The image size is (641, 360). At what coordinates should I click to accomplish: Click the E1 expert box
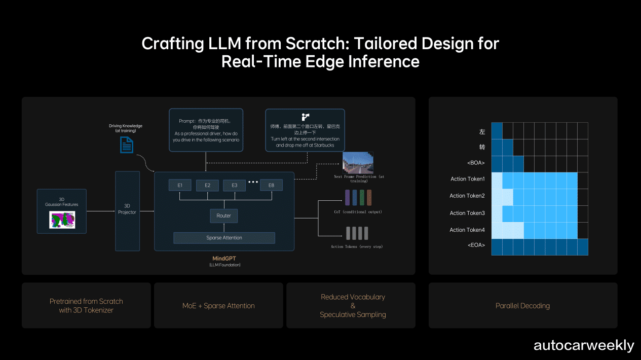[x=180, y=185]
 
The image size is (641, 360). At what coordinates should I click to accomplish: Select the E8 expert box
[x=271, y=185]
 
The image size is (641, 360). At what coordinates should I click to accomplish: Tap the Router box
[x=224, y=215]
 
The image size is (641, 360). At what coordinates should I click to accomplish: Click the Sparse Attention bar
[x=224, y=238]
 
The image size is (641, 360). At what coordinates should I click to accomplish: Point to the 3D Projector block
[x=127, y=211]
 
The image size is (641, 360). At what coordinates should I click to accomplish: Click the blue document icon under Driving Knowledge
[x=127, y=145]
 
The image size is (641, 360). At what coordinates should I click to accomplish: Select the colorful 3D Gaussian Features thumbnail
[x=62, y=220]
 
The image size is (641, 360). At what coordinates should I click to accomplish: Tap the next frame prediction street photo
[x=358, y=163]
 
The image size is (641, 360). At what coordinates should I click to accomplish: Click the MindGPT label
[x=224, y=258]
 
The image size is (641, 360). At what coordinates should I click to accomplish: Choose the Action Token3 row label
[x=467, y=213]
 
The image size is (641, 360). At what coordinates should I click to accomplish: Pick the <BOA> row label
[x=476, y=163]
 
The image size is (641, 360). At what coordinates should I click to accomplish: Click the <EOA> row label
[x=476, y=245]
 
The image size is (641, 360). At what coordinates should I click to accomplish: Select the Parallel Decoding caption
[x=522, y=306]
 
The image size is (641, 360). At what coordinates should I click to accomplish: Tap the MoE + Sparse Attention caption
[x=218, y=306]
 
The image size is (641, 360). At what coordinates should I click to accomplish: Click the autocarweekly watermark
[x=584, y=345]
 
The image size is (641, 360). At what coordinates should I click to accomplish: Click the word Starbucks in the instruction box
[x=324, y=145]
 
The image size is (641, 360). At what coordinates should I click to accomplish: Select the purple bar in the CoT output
[x=348, y=198]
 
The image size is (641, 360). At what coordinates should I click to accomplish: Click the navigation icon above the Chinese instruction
[x=306, y=117]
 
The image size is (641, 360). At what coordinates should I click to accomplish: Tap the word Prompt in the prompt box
[x=187, y=121]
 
